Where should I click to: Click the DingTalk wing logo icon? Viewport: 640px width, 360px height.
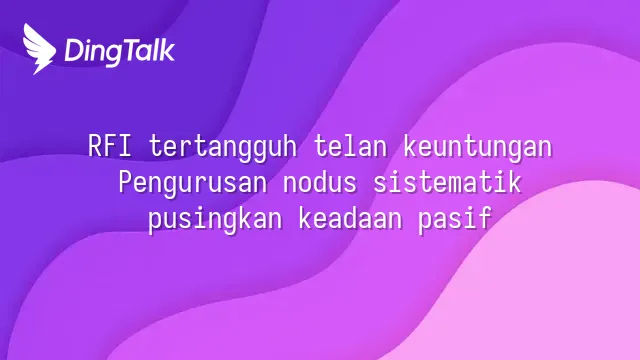point(39,49)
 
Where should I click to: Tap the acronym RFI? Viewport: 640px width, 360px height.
point(110,146)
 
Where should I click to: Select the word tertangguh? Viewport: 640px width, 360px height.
point(223,148)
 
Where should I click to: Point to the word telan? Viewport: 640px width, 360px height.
point(350,146)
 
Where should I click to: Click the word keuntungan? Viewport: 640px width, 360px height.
point(478,148)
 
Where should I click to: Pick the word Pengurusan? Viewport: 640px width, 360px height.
point(193,184)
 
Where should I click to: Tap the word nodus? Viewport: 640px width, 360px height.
point(320,182)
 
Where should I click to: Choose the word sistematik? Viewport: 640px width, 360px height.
point(447,182)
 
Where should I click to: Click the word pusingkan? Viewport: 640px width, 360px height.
point(215,220)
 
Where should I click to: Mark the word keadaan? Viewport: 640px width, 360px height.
point(349,218)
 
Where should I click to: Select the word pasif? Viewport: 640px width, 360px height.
point(455,220)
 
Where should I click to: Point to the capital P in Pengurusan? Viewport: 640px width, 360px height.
point(126,182)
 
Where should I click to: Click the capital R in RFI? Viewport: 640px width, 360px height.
point(95,146)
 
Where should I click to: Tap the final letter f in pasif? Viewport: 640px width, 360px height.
point(485,218)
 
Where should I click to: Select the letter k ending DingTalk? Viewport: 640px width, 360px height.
point(167,51)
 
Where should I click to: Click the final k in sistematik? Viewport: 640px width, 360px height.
point(515,182)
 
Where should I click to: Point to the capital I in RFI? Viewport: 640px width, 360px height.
point(125,146)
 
